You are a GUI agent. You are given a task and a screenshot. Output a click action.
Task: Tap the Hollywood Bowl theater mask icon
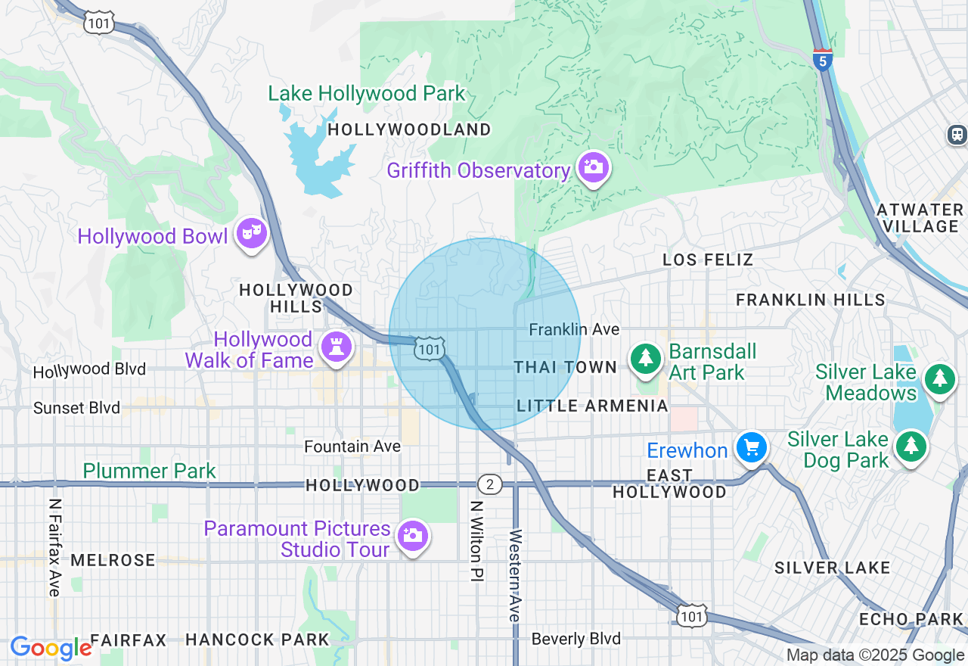pos(251,234)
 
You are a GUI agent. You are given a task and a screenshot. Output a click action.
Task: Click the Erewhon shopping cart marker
pos(751,448)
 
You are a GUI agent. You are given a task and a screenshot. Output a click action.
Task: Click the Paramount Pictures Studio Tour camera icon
pos(412,536)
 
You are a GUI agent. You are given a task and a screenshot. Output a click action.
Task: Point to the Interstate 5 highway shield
pos(823,58)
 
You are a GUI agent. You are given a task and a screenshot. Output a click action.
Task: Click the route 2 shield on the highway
pos(490,484)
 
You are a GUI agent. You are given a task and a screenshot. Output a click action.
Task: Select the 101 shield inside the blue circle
pos(429,348)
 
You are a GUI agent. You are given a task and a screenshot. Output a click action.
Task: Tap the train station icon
pos(957,135)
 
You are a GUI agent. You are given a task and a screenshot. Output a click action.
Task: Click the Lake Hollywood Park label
pos(367,94)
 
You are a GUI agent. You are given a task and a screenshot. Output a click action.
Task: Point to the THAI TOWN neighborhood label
pos(566,367)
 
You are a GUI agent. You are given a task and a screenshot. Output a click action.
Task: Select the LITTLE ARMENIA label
pos(592,406)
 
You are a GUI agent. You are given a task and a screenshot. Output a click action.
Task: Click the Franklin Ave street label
pos(574,329)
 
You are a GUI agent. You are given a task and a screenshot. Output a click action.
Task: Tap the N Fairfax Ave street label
pos(54,546)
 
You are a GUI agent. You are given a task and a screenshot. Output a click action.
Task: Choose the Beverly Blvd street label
pos(576,639)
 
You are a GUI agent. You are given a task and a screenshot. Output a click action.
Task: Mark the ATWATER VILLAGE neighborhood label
pos(920,218)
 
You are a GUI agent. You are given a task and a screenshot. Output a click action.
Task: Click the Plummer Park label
pos(150,471)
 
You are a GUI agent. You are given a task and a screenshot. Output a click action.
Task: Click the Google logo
pos(51,649)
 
